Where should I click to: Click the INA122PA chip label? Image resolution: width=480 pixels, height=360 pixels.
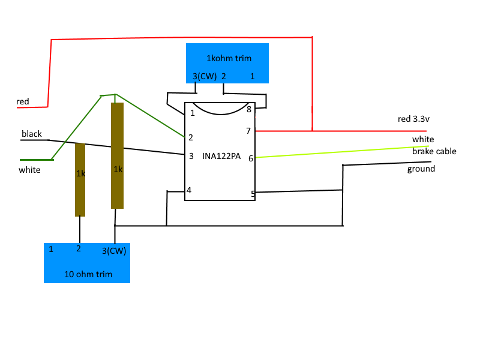pos(221,156)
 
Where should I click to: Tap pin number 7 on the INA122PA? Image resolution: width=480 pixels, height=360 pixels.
pos(248,131)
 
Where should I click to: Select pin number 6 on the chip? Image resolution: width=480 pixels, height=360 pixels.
pos(251,158)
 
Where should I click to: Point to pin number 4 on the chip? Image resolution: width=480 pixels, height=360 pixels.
pos(189,190)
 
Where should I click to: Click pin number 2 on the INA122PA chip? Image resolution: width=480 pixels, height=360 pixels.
pos(191,137)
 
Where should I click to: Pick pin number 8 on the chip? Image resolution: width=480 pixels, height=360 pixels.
pos(249,109)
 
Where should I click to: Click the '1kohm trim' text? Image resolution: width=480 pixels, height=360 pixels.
pos(229,58)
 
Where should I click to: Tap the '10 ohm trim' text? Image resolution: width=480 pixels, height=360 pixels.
pos(88,274)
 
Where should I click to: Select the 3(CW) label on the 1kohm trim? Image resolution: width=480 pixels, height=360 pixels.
pos(205,76)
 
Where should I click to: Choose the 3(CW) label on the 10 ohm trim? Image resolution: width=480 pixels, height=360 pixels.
pos(114,251)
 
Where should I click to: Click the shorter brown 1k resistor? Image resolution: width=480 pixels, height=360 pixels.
pos(80,179)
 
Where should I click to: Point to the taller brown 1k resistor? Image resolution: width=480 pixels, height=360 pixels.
pos(117,155)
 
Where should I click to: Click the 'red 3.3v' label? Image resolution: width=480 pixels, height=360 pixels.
pos(413,119)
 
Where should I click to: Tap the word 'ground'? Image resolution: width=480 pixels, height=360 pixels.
pos(421,169)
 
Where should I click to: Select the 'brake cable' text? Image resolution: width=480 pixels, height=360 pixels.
pos(434,151)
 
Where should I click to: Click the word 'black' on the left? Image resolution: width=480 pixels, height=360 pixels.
pos(32,134)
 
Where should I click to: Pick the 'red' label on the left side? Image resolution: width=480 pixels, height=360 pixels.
pos(23,101)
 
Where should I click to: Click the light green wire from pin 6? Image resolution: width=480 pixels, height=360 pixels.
pos(342,152)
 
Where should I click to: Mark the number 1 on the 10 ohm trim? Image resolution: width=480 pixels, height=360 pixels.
pos(51,249)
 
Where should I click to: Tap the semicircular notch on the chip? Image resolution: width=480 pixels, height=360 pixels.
pos(220,114)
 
